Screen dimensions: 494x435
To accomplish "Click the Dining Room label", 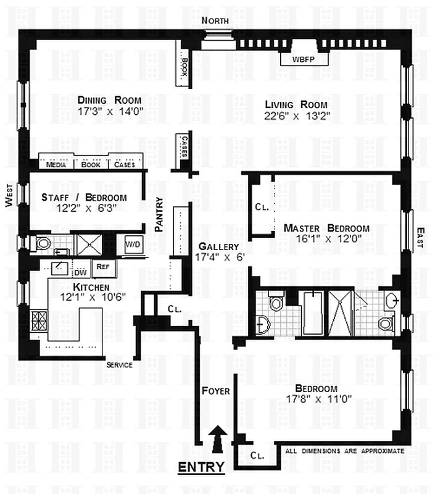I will [110, 100].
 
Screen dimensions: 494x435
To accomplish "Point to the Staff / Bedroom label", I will [84, 198].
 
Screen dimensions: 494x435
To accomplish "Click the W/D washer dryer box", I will [133, 243].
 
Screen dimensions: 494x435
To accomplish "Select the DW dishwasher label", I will [80, 272].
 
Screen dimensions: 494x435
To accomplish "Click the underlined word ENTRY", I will [201, 467].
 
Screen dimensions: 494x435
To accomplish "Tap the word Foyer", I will [215, 391].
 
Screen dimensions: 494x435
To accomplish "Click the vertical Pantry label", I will [160, 214].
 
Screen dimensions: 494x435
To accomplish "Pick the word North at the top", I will [216, 20].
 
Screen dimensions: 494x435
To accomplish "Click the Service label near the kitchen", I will [119, 365].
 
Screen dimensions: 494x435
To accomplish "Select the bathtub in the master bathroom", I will [312, 313].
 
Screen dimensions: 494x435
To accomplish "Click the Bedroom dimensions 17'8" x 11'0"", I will [316, 399].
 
